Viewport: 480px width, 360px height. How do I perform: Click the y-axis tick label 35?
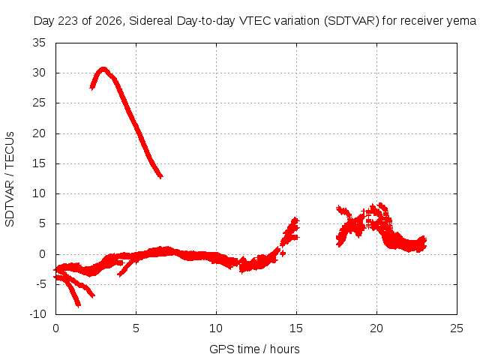point(39,43)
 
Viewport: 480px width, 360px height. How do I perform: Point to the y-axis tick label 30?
point(39,73)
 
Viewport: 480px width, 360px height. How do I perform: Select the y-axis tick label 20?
point(39,133)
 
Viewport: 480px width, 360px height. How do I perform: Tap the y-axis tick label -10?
point(37,314)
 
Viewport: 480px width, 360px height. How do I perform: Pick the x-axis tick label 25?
point(457,328)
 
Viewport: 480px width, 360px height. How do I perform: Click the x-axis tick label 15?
point(296,328)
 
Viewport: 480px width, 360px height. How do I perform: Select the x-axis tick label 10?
point(216,328)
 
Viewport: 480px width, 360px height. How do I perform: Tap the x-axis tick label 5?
point(136,328)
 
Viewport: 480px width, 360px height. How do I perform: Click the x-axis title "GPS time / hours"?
point(254,349)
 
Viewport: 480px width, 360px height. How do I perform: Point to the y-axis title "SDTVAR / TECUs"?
point(10,179)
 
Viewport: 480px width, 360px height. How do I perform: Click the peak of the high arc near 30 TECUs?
point(103,68)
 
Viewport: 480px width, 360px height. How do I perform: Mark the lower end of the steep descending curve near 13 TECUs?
point(160,177)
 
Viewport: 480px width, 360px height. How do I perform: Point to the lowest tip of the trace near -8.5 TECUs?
point(78,305)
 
